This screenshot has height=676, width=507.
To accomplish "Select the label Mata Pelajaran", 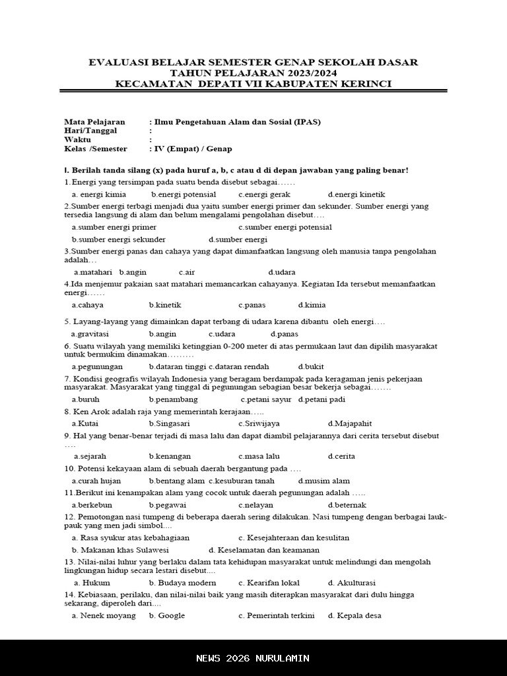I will (94, 122).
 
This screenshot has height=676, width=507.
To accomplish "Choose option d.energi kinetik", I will (356, 195).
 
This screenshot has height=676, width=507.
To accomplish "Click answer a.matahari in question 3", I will (93, 272).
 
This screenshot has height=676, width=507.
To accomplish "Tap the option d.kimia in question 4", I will (312, 305).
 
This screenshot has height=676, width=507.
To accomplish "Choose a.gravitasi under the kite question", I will (90, 334).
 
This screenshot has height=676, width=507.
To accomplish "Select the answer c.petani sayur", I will (266, 399).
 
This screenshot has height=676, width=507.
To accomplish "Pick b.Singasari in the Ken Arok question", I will (170, 423).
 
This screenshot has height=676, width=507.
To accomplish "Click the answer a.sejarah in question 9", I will (90, 456).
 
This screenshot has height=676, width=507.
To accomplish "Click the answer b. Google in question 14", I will (167, 616).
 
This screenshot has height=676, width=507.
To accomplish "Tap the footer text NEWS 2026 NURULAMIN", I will (253, 658).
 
